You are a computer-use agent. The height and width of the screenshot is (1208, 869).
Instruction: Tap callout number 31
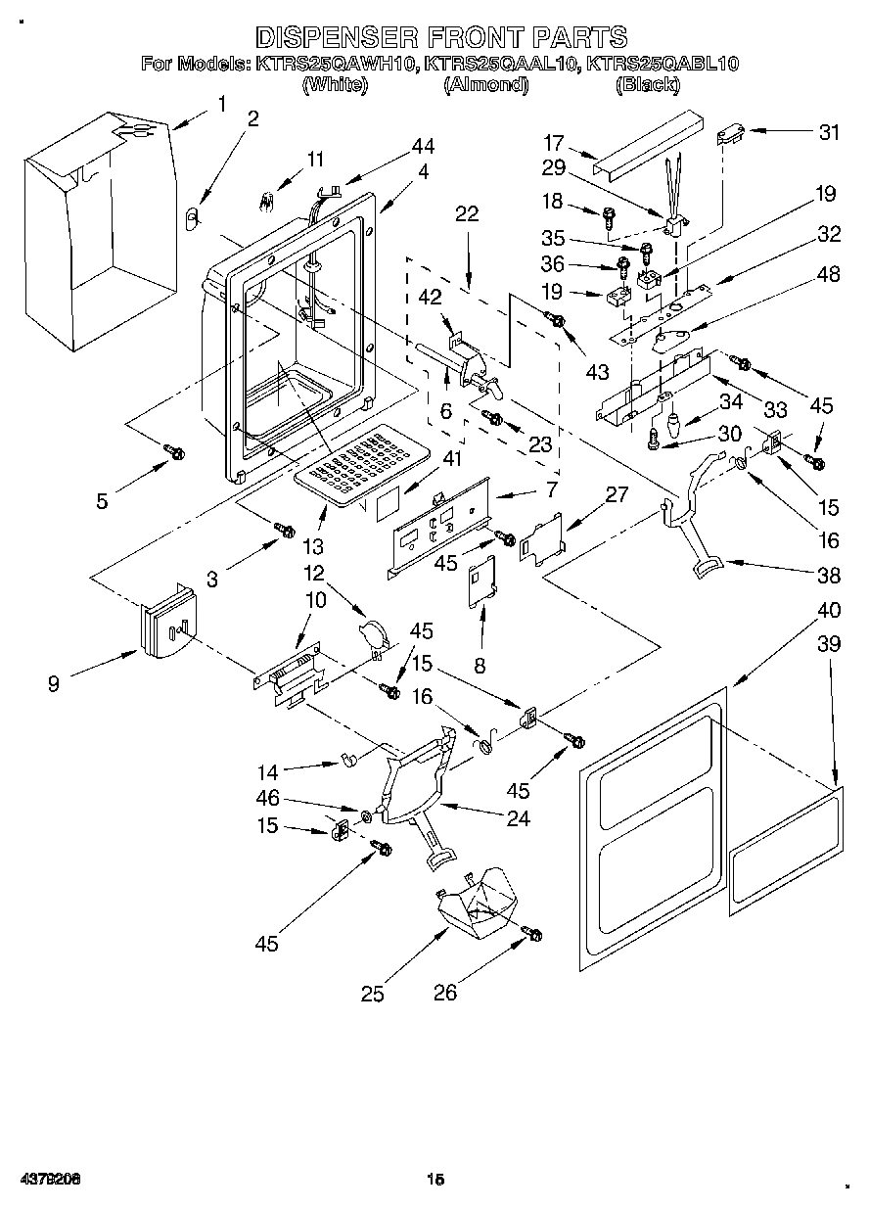(x=829, y=133)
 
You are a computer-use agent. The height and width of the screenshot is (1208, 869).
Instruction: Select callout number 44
(x=423, y=147)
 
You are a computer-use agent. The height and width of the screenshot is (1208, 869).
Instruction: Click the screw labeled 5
(x=175, y=452)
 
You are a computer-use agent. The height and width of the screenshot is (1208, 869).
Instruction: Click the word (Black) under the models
(x=647, y=85)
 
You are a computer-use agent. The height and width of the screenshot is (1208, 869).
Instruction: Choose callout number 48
(x=829, y=275)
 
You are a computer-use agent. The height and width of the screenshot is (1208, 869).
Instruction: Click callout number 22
(x=467, y=214)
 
